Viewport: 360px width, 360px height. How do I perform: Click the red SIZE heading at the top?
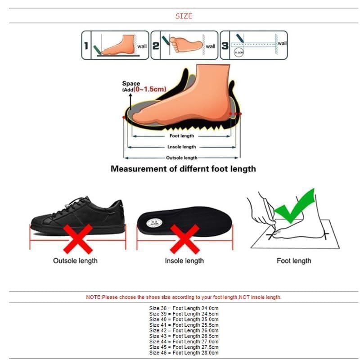point(184,16)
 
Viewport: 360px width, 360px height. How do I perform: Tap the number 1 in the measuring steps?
point(85,45)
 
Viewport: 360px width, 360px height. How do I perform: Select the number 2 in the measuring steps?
point(155,45)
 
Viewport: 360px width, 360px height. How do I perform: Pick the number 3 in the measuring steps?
point(225,45)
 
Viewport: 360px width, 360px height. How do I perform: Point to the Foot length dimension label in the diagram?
point(181,136)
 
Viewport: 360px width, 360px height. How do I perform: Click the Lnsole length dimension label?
point(181,147)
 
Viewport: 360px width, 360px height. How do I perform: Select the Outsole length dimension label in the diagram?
point(181,158)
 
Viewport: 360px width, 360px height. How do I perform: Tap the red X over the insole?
point(184,238)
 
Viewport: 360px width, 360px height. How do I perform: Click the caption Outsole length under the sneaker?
point(75,261)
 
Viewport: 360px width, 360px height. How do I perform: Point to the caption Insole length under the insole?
point(184,261)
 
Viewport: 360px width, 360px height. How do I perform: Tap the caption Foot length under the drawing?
point(294,261)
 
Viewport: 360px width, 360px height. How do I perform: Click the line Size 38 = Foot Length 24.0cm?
point(184,308)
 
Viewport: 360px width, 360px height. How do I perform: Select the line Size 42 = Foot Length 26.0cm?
point(184,330)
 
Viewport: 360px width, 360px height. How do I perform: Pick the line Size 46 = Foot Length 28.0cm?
point(184,352)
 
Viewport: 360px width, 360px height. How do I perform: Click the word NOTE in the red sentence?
point(94,297)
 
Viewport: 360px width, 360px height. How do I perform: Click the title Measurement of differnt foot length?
point(183,169)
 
